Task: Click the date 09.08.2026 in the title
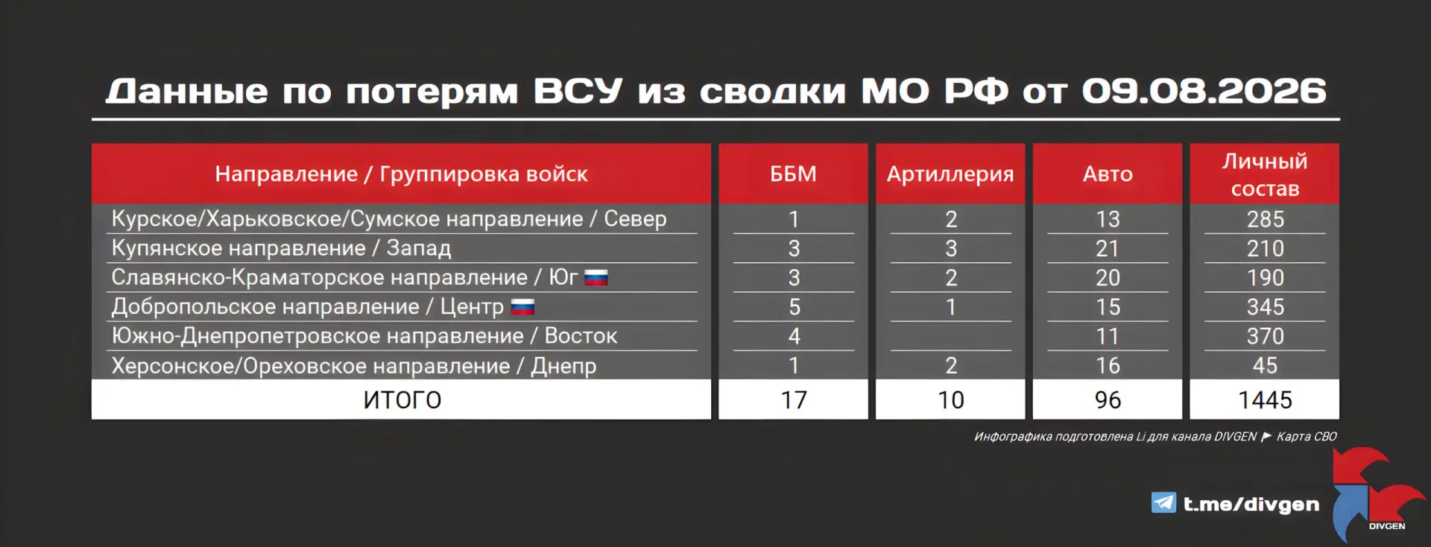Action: pyautogui.click(x=1204, y=91)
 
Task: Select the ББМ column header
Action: pyautogui.click(x=793, y=174)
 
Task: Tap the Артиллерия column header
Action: pyautogui.click(x=950, y=174)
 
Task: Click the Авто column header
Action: pyautogui.click(x=1108, y=174)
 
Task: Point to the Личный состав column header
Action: pyautogui.click(x=1265, y=174)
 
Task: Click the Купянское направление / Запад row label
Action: pyautogui.click(x=281, y=248)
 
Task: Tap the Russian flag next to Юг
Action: pyautogui.click(x=596, y=278)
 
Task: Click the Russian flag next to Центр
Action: pyautogui.click(x=522, y=307)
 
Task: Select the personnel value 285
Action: pyautogui.click(x=1266, y=219)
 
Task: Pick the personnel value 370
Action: pyautogui.click(x=1266, y=336)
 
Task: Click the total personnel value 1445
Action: pyautogui.click(x=1265, y=400)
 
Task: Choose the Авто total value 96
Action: pyautogui.click(x=1108, y=400)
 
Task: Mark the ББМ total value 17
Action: pyautogui.click(x=794, y=400)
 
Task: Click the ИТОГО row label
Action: pyautogui.click(x=402, y=400)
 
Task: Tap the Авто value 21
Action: pyautogui.click(x=1108, y=248)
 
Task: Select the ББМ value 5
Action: pyautogui.click(x=795, y=307)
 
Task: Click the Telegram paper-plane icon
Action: pyautogui.click(x=1163, y=503)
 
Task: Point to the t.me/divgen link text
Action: pyautogui.click(x=1251, y=505)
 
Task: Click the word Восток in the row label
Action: pyautogui.click(x=581, y=336)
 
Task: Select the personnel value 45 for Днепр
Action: pyautogui.click(x=1266, y=365)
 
